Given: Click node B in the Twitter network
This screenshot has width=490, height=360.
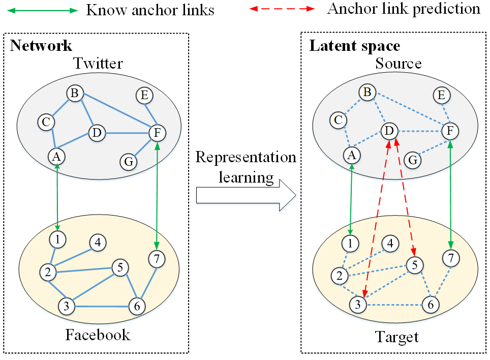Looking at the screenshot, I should click(x=75, y=94).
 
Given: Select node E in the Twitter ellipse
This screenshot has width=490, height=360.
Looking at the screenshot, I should click(x=144, y=95).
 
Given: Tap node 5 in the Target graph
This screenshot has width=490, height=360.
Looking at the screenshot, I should click(x=414, y=265).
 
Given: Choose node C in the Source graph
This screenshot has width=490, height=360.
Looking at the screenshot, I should click(x=337, y=121).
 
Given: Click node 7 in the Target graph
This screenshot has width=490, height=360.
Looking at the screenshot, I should click(x=450, y=258).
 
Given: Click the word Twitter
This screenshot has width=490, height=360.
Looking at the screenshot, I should click(x=98, y=64).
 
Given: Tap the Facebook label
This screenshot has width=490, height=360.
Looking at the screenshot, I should click(x=98, y=335).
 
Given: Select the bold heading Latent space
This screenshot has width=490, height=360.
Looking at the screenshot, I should click(x=355, y=46).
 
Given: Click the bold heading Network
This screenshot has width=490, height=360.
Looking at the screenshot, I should click(x=41, y=46).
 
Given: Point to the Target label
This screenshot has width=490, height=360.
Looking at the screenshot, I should click(x=396, y=337).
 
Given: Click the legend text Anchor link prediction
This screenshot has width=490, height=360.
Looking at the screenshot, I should click(x=404, y=9).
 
